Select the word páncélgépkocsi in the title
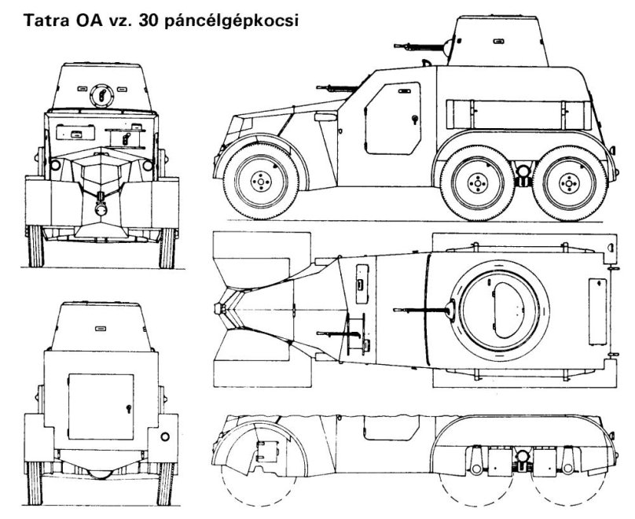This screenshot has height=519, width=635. (x=231, y=21)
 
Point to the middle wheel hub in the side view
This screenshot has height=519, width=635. (x=478, y=183)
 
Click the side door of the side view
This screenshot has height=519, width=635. (x=393, y=118)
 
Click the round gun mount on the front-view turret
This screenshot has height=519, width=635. (x=101, y=95)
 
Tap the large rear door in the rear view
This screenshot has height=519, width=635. (x=101, y=407)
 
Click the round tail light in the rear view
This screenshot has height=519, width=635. (x=165, y=436)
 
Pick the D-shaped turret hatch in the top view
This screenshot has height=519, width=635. (x=512, y=310)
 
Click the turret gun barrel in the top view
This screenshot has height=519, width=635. (x=421, y=310)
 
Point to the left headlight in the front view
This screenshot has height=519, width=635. (x=55, y=165)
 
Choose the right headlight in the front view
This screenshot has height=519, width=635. (x=148, y=165)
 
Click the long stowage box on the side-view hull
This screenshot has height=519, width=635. (x=519, y=115)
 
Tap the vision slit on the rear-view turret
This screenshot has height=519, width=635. (x=101, y=328)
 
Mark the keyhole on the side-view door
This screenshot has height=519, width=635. (x=414, y=119)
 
